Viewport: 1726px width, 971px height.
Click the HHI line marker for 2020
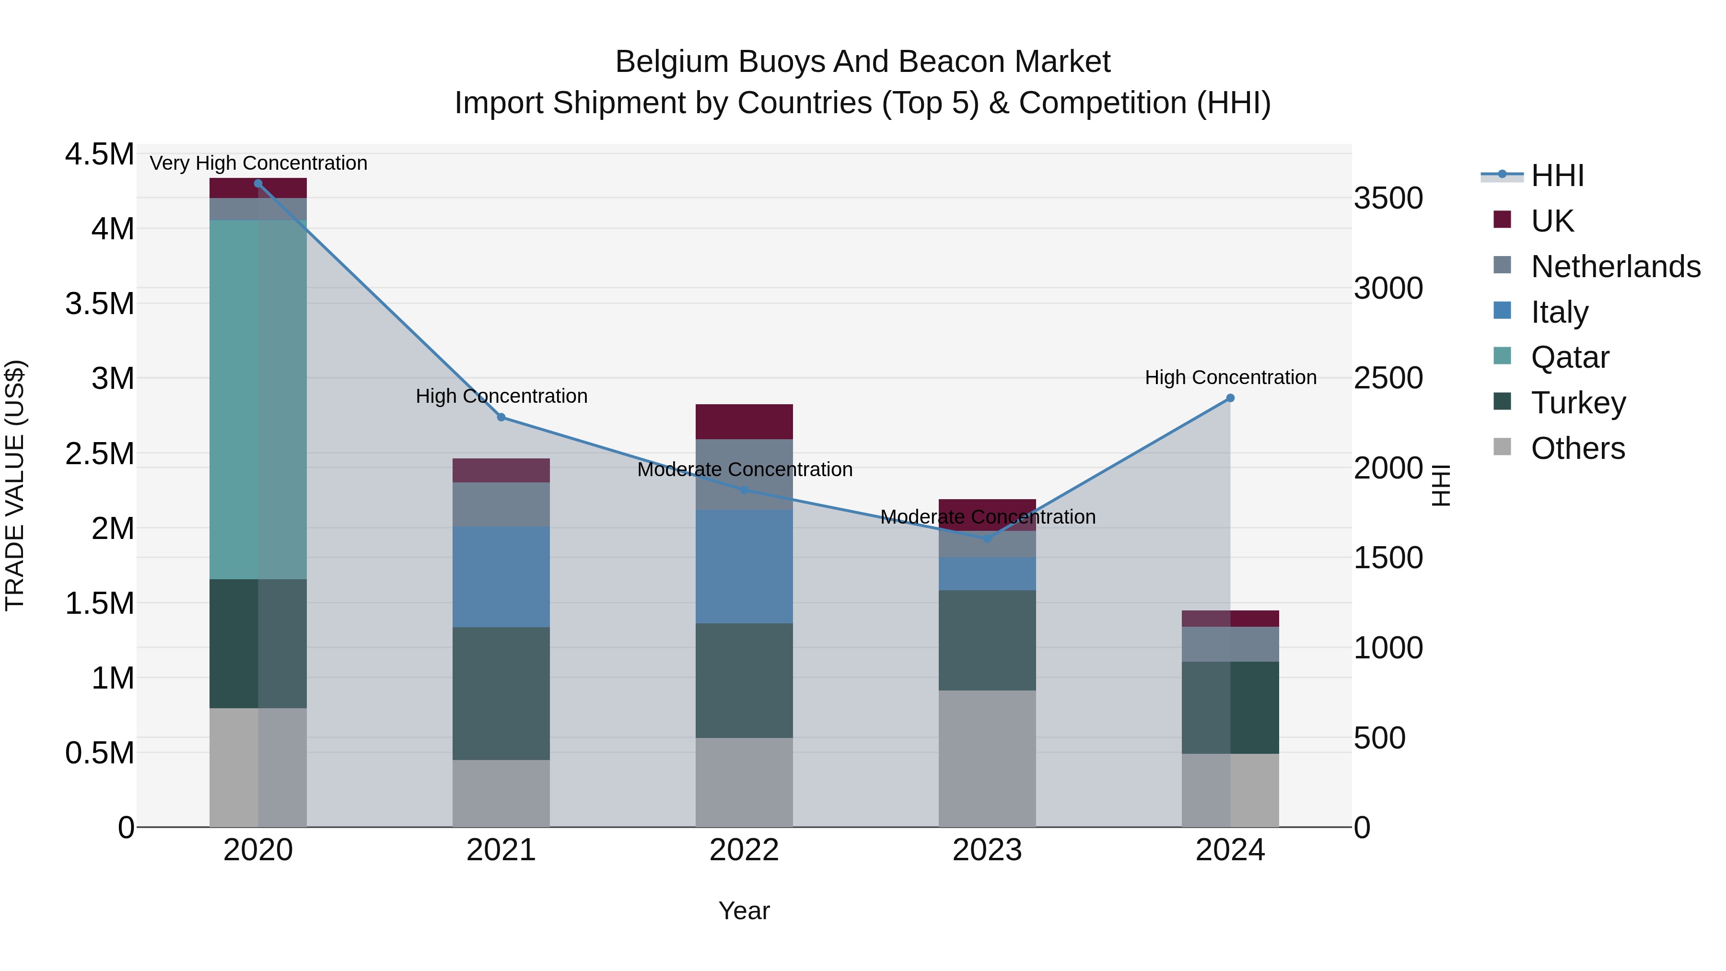[x=258, y=184]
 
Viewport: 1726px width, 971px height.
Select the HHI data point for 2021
[x=501, y=418]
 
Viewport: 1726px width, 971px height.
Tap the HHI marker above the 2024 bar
[x=1230, y=398]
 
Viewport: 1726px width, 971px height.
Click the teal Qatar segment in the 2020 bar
[x=258, y=399]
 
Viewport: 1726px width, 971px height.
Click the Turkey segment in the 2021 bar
[x=501, y=693]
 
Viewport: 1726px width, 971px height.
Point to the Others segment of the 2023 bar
[x=987, y=759]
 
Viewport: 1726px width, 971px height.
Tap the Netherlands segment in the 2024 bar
[x=1230, y=644]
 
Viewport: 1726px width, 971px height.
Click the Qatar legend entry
[x=1569, y=357]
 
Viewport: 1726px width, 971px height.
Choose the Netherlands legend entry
[x=1615, y=267]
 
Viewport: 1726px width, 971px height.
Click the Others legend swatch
[x=1502, y=447]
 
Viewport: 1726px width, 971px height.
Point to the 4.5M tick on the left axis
[x=99, y=154]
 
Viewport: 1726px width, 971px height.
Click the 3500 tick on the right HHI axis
[x=1388, y=199]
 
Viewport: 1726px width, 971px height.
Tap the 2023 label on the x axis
[x=987, y=850]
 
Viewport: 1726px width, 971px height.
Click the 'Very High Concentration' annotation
[x=258, y=163]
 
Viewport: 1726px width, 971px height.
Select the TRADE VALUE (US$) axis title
[x=15, y=485]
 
